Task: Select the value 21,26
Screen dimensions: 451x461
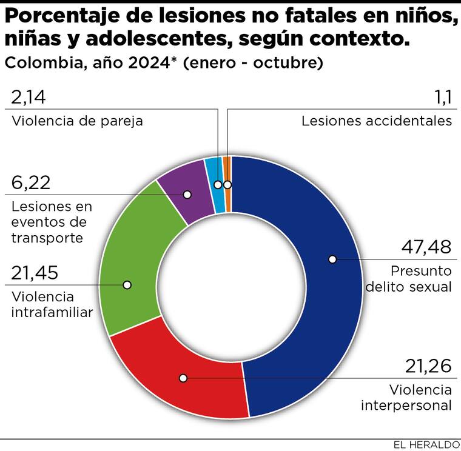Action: pos(428,367)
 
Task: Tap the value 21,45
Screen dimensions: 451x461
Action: pos(35,273)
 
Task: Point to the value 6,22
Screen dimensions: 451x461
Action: pos(31,182)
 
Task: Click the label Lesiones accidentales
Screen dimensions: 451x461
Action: pos(377,121)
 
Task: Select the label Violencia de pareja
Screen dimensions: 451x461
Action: pos(77,121)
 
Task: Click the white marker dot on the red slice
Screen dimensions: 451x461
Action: pos(183,378)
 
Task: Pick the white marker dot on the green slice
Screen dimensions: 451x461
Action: pos(127,284)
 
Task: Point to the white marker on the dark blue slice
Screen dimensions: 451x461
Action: pos(332,259)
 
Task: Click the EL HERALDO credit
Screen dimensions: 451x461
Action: pos(422,444)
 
